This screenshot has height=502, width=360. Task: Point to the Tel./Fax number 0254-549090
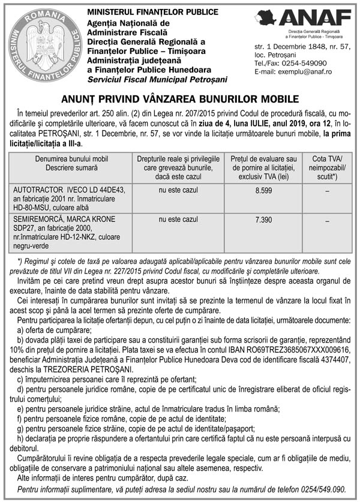coord(306,63)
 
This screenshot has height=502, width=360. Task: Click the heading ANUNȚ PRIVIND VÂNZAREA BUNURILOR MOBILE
coord(180,99)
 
